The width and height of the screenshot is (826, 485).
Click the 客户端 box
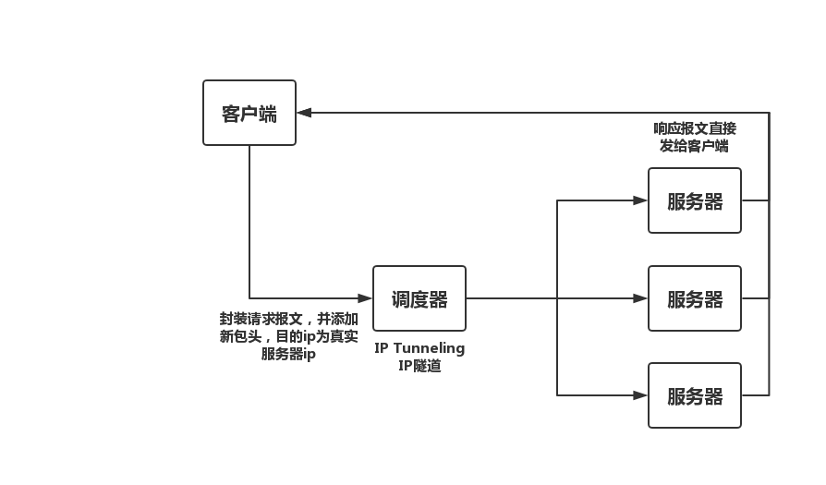point(249,113)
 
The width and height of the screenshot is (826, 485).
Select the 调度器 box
point(419,298)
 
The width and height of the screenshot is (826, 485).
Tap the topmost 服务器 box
point(695,200)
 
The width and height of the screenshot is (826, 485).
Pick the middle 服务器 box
point(695,298)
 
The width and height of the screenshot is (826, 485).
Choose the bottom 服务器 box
point(695,395)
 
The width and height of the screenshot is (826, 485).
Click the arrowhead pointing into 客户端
point(304,113)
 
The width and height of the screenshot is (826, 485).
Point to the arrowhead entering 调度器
point(365,298)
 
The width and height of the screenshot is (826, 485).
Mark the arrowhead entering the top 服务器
point(640,200)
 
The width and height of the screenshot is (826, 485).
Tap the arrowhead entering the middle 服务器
point(640,298)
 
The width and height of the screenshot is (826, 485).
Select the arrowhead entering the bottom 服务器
point(640,395)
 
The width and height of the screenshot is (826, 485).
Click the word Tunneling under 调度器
point(432,348)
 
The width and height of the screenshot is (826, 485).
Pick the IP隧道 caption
point(419,366)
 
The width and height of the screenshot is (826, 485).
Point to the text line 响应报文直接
point(695,128)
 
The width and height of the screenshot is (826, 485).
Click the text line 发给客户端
point(694,146)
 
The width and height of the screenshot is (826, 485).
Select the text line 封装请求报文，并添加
point(288,319)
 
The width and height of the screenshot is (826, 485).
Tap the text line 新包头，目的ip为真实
point(288,336)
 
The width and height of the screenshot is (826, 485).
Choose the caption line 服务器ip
point(288,354)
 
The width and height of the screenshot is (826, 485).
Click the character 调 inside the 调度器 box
point(401,299)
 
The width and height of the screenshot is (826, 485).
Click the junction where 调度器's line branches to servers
point(557,298)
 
